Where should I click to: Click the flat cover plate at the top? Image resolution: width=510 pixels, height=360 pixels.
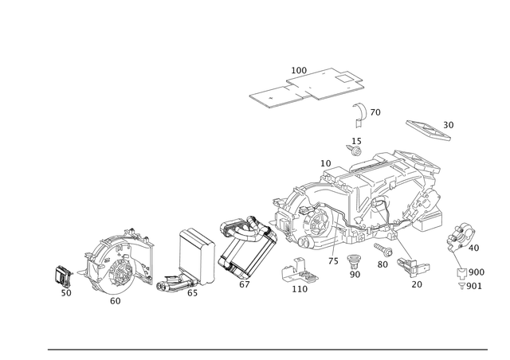[x=307, y=85]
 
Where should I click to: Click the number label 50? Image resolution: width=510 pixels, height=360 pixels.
[x=449, y=123]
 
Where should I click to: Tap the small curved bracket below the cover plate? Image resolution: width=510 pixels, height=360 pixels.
[x=363, y=113]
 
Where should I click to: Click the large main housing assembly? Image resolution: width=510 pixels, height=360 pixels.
[x=359, y=203]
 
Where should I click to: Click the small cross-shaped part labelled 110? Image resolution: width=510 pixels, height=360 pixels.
[x=299, y=272]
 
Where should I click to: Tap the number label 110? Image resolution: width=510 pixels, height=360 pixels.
[x=300, y=290]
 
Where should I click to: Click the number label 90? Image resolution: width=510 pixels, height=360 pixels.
[x=355, y=273]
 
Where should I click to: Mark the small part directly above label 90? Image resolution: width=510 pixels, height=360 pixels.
[x=355, y=259]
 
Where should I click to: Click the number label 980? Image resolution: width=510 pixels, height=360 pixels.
[x=477, y=271]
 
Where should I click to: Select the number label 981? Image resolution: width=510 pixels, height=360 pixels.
[x=477, y=284]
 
